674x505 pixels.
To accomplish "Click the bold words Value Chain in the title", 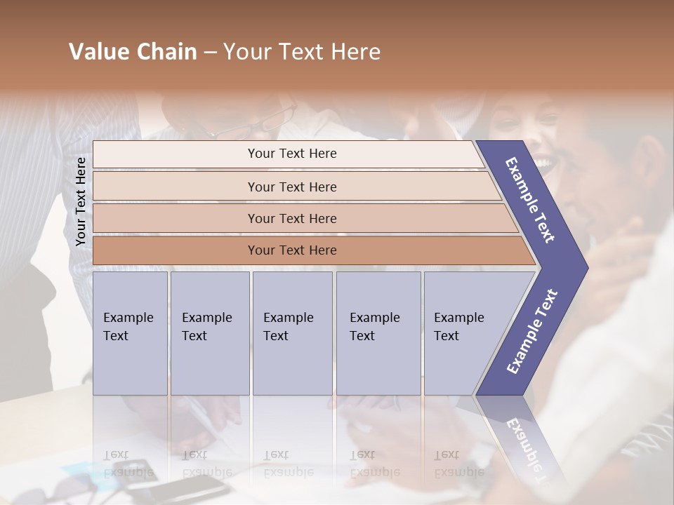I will click(133, 52).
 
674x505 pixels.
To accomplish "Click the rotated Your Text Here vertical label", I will click(81, 201).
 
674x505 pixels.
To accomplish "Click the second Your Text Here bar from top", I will click(292, 187).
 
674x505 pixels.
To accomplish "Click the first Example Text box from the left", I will click(130, 333).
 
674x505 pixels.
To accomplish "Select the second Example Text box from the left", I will click(210, 333).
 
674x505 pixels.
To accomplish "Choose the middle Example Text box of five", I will click(292, 333).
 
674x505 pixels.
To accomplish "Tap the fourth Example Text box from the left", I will click(378, 333).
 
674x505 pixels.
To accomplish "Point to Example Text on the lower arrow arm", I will click(531, 332).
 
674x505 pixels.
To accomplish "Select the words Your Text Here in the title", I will click(302, 52).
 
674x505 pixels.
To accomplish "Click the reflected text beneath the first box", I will click(128, 464).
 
